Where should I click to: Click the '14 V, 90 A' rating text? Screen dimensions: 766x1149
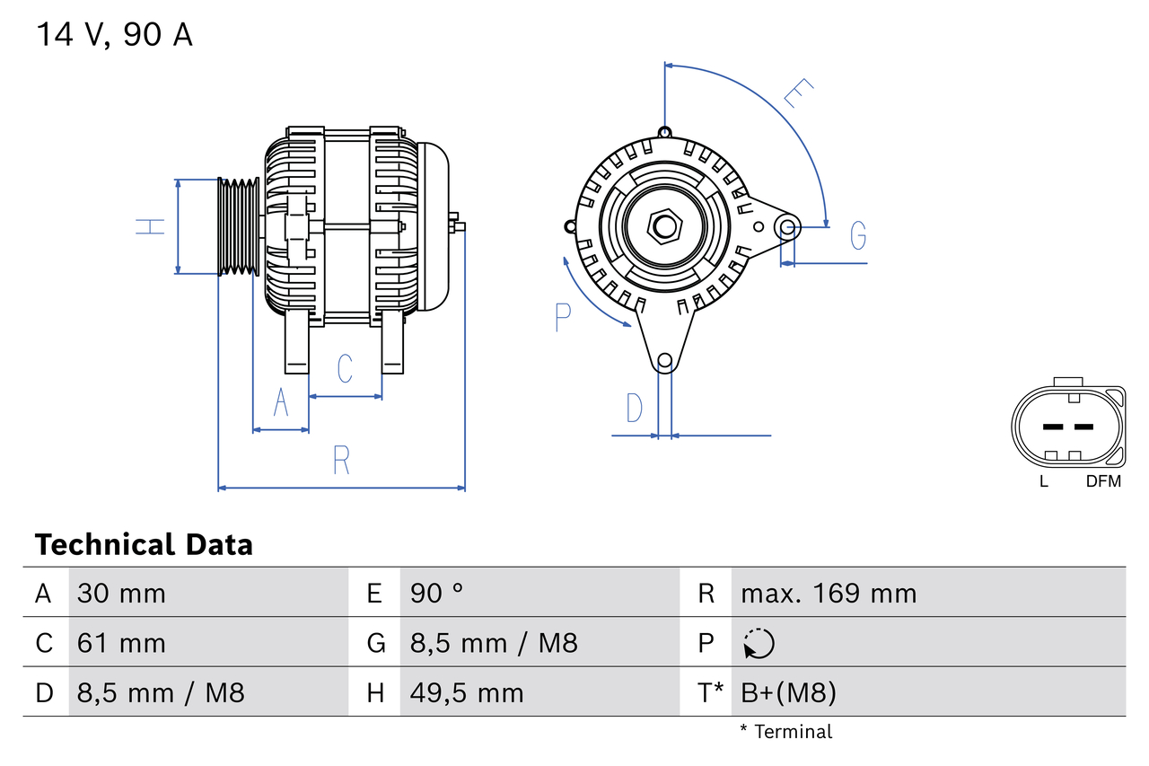pos(114,36)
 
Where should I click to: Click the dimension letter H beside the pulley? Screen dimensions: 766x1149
pos(151,226)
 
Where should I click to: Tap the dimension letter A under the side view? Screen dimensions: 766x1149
pos(281,402)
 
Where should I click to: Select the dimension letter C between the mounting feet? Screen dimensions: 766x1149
pos(345,368)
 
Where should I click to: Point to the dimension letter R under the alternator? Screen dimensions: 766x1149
pos(341,460)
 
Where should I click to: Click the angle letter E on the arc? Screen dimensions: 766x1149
pos(797,93)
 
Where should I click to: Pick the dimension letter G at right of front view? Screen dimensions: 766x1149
pos(858,235)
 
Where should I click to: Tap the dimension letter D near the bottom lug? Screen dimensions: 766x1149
pos(635,408)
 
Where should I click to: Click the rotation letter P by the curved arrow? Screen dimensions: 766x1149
pos(563,317)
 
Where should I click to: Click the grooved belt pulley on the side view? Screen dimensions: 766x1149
pos(239,226)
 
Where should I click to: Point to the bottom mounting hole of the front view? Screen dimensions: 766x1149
pos(664,362)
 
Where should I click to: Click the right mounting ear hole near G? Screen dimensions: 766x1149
pos(787,225)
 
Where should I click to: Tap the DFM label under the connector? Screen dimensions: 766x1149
pos(1103,481)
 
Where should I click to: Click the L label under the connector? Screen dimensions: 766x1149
pos(1043,481)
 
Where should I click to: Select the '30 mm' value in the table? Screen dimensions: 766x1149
pos(121,594)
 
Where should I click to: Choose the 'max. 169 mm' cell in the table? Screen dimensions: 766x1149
pos(829,594)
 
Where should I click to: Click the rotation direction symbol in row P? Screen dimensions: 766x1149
pos(759,643)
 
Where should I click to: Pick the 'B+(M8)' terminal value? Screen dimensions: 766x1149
pos(788,692)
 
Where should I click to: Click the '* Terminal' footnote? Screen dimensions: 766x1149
pos(785,732)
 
